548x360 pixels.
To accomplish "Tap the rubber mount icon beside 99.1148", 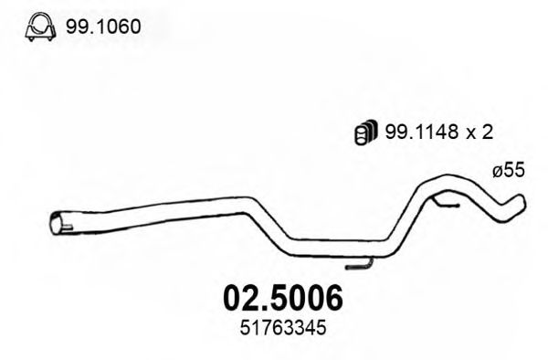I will click(362, 132).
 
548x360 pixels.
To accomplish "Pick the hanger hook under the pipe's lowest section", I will click(361, 265).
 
